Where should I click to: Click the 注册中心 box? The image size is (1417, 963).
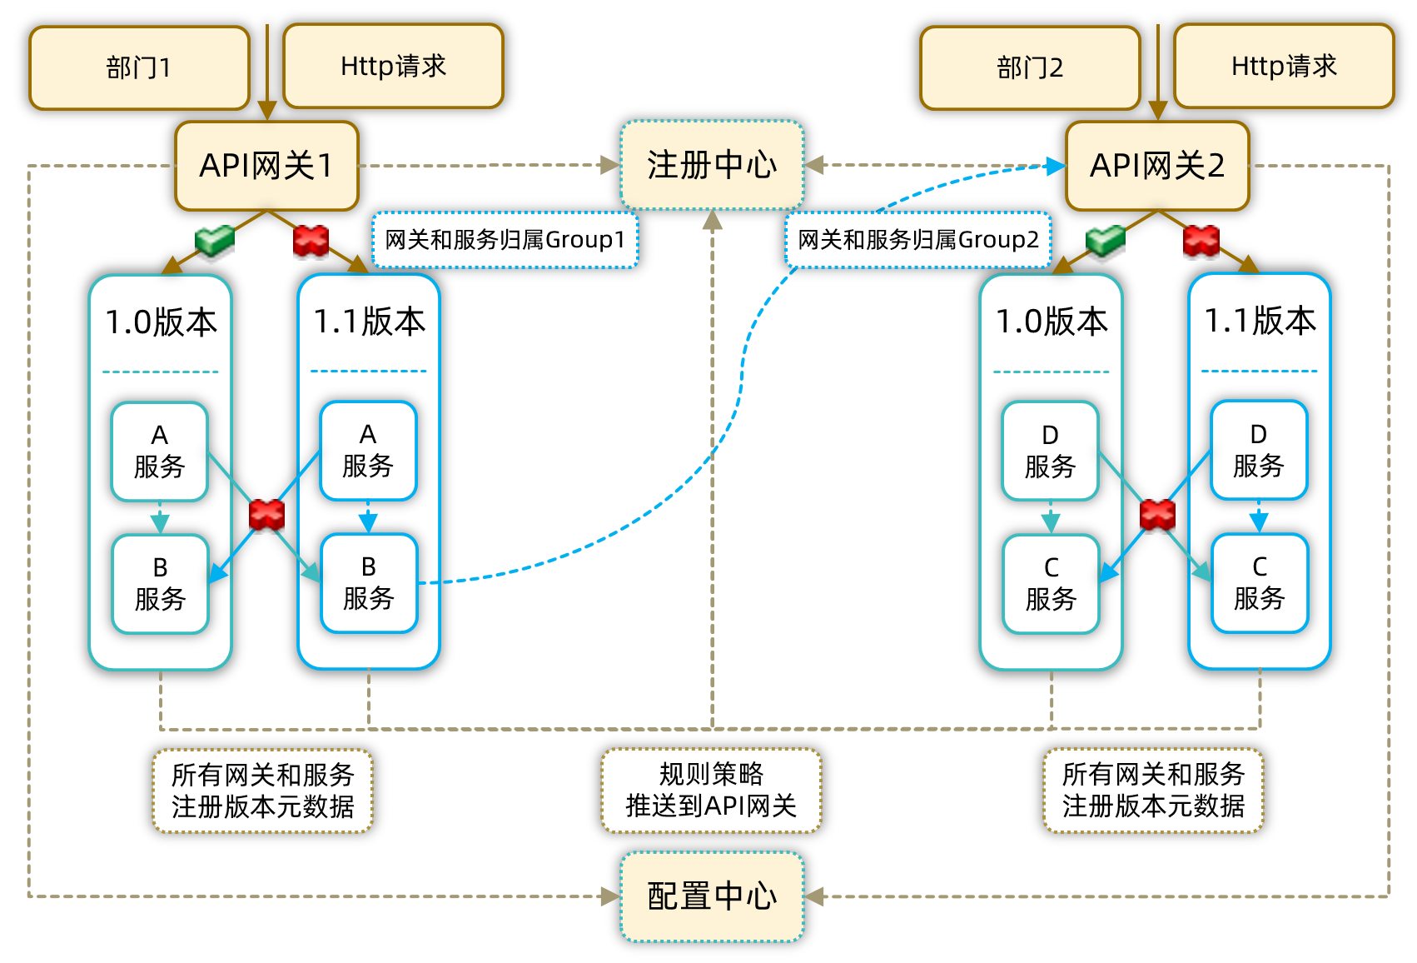(712, 165)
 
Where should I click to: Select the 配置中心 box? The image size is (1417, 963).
(712, 896)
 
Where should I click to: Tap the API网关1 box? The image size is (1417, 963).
(266, 166)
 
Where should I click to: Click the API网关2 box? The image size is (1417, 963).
(1157, 166)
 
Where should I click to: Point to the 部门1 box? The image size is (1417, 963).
(139, 67)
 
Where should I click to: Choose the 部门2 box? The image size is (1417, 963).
(1030, 67)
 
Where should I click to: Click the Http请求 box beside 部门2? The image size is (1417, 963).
(1284, 66)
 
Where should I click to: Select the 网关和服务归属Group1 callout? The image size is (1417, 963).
(505, 240)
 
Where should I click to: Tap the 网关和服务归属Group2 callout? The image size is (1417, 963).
(917, 240)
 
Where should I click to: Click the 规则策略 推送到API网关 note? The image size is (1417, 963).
(711, 790)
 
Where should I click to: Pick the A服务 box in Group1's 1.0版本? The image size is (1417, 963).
(159, 452)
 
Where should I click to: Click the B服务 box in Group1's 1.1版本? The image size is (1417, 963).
(368, 583)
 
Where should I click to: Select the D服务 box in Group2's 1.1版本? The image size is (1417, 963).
(1258, 451)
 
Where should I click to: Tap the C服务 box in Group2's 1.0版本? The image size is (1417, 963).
(1051, 584)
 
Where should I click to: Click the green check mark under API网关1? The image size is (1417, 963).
(215, 240)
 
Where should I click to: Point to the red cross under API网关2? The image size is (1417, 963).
(1201, 241)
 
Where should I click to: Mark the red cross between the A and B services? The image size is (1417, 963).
(266, 515)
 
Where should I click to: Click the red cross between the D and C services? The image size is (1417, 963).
(1157, 515)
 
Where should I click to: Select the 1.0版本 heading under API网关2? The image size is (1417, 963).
(1052, 322)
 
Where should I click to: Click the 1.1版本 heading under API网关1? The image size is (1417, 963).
(369, 322)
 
